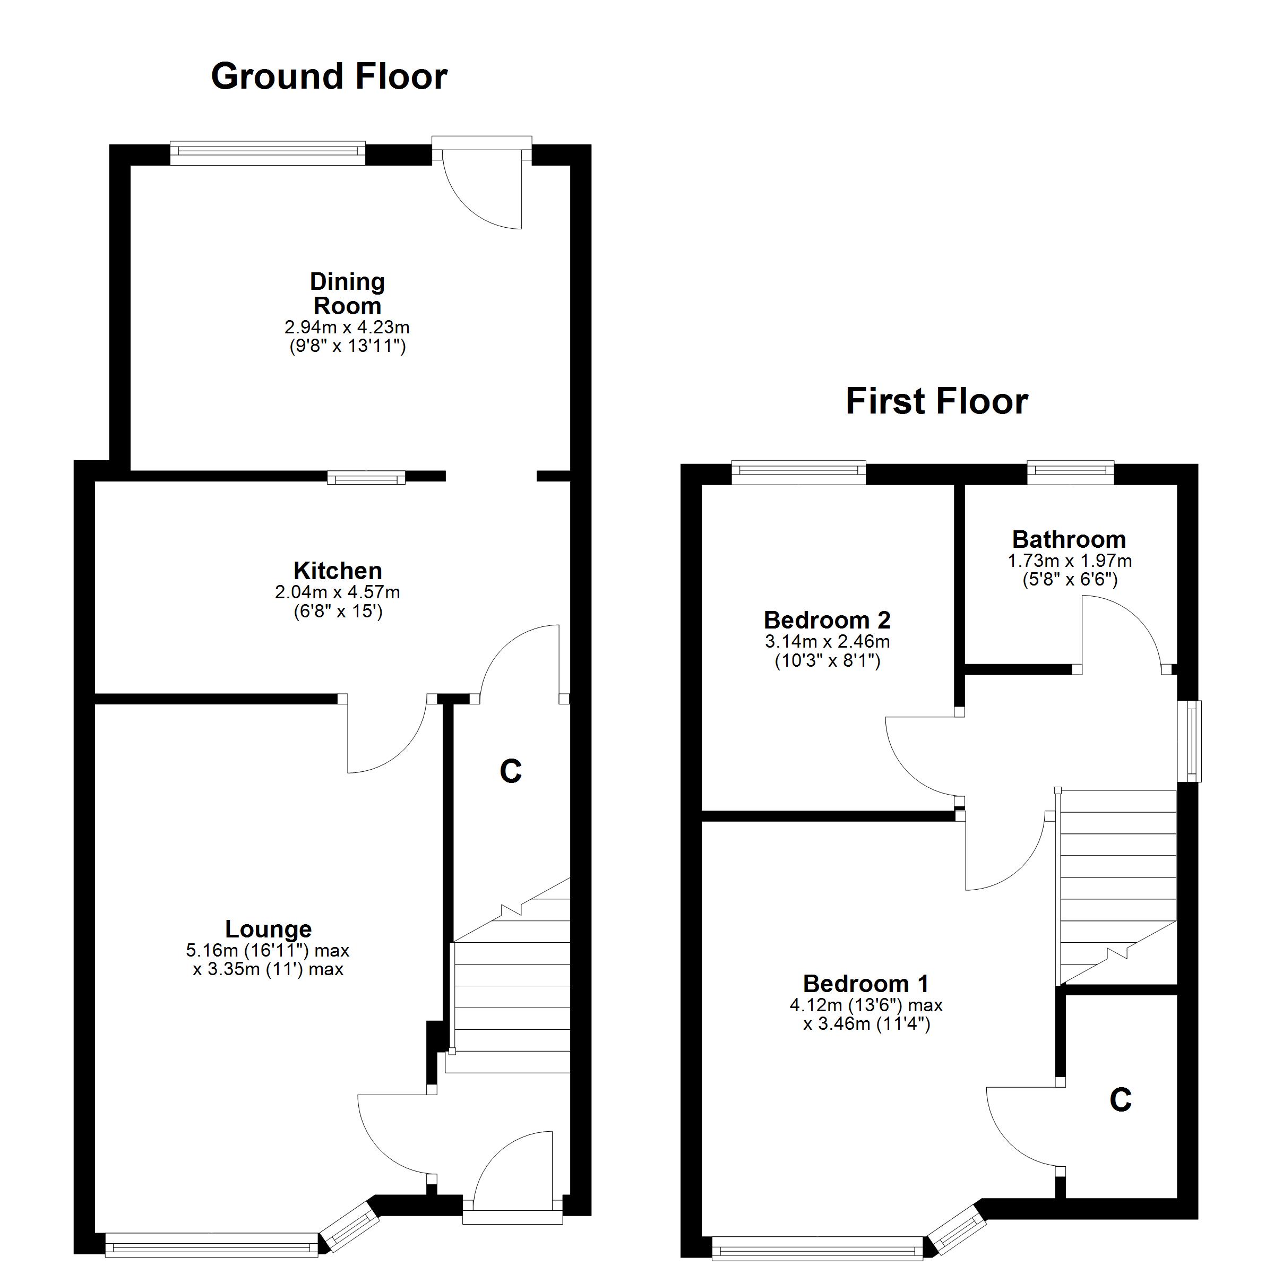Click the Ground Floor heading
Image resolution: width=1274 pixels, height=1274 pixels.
(x=329, y=76)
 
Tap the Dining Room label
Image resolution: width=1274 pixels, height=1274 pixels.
(x=348, y=294)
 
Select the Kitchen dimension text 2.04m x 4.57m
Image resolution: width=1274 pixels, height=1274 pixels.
(x=338, y=592)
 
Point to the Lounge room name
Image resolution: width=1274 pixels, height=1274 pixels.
(x=269, y=928)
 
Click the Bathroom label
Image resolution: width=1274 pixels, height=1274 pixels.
(x=1069, y=539)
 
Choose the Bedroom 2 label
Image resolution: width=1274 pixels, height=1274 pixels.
(x=827, y=620)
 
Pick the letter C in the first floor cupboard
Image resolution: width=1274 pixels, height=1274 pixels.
(x=1121, y=1100)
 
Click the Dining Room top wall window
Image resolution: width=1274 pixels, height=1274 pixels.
(x=268, y=152)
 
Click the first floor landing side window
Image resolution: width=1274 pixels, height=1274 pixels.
(x=1191, y=741)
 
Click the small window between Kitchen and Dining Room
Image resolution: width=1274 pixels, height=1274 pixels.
(x=367, y=477)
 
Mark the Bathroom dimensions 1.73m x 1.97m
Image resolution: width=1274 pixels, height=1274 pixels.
(x=1070, y=561)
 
